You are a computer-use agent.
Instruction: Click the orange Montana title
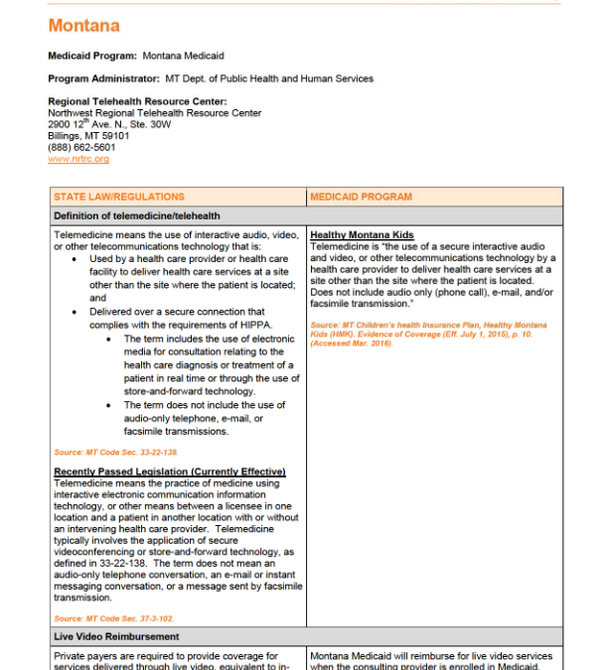tap(83, 26)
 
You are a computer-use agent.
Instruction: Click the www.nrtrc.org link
tap(78, 159)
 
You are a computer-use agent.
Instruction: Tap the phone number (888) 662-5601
tap(81, 148)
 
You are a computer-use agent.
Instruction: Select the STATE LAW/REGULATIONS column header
tap(105, 197)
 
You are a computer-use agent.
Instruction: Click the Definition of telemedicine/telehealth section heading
tap(137, 215)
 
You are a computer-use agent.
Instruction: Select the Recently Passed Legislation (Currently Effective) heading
tap(170, 471)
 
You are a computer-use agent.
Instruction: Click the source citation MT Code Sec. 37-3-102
tap(100, 618)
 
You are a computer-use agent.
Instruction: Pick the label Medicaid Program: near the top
tap(93, 56)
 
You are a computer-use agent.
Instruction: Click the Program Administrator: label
tap(104, 78)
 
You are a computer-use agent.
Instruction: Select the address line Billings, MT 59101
tap(88, 136)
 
